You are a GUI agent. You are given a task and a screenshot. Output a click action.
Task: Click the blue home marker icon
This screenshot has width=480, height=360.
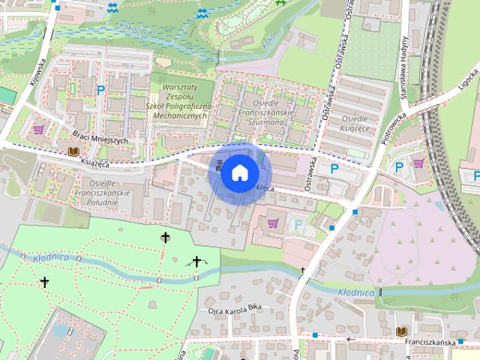coord(238,172)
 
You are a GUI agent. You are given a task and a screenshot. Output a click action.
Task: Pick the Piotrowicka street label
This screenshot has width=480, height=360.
coord(391,128)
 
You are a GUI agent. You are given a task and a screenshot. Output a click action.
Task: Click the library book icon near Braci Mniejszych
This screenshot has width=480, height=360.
coord(73,151)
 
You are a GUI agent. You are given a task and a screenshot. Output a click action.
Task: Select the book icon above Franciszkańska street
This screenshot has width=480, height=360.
coord(401,331)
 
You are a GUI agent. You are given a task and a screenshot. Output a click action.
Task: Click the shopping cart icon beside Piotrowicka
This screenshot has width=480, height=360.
coord(418,163)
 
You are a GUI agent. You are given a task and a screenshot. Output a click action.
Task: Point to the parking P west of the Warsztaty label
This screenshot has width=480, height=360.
coord(100,90)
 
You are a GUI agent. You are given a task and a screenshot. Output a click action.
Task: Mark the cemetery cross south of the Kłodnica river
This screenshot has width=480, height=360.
coord(44,283)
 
